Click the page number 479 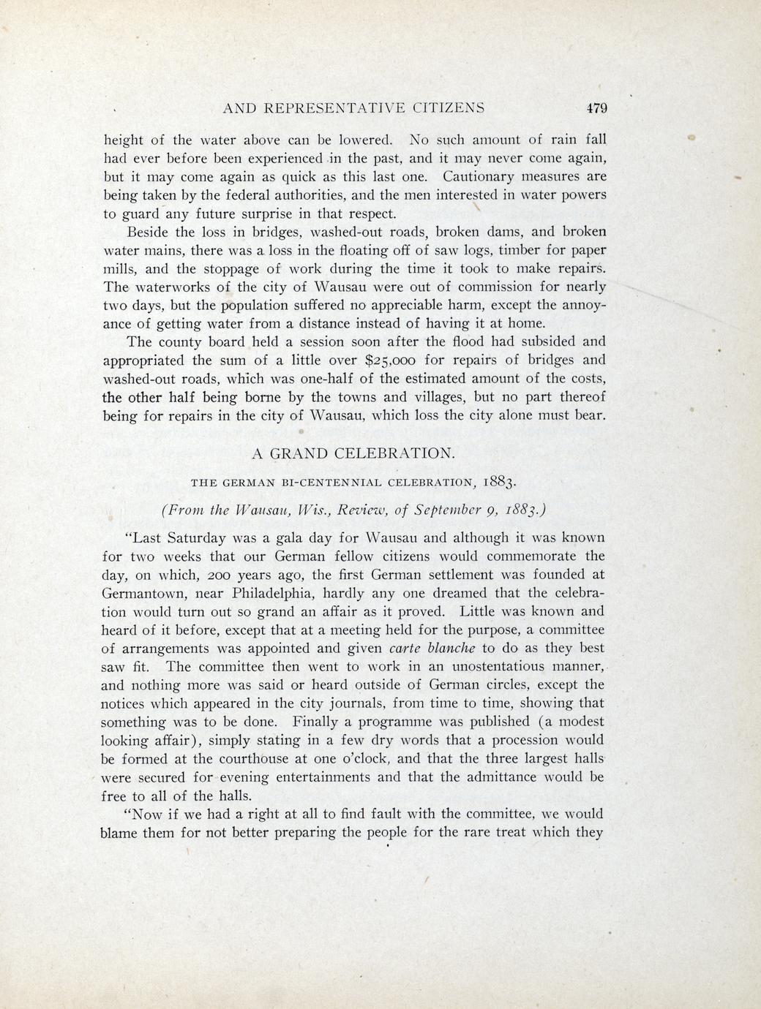[596, 108]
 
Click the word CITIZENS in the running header [448, 108]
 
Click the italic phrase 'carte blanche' [432, 648]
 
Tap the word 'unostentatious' [501, 666]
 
